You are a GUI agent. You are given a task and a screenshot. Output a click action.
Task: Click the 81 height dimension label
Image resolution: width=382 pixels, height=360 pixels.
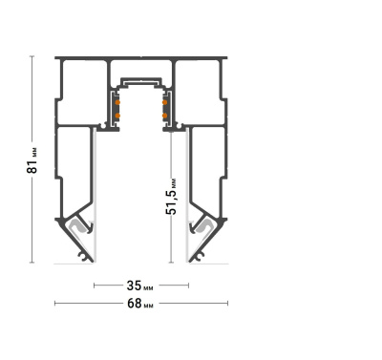(32, 161)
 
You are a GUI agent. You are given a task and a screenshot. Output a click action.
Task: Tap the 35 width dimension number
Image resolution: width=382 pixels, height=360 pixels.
(134, 286)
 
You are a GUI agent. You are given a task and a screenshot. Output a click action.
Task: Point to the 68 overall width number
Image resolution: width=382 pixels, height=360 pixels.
(134, 304)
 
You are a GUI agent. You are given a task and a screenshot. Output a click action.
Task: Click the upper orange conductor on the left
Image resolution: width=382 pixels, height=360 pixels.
(117, 102)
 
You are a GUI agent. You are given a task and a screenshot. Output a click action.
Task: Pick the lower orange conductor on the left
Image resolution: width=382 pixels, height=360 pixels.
(117, 116)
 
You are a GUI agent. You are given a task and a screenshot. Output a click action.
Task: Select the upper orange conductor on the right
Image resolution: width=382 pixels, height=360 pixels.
(165, 102)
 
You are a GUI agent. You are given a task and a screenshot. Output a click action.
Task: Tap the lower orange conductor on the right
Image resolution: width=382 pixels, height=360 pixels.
(165, 116)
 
